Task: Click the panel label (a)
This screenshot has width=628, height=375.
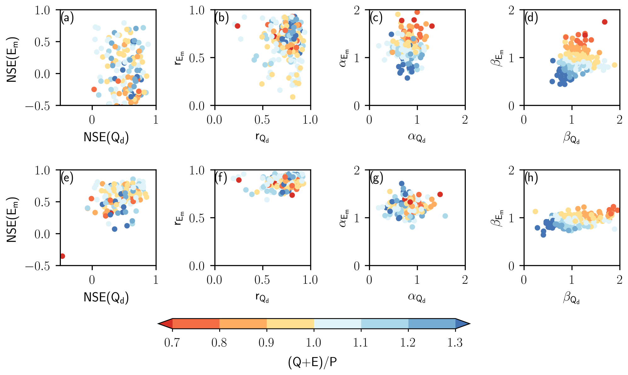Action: (67, 18)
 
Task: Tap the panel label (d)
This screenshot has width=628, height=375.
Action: (531, 18)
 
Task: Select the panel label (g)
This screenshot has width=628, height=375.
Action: (376, 178)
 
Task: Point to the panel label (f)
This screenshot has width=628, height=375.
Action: (221, 178)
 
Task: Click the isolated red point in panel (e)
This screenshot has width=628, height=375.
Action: (62, 256)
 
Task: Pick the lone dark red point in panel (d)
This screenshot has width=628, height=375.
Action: (604, 22)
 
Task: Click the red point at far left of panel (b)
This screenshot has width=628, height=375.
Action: (237, 26)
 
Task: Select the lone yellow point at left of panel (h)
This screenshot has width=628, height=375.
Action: (535, 211)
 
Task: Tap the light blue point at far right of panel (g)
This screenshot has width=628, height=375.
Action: (445, 216)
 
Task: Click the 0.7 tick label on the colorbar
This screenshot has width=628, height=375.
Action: (172, 342)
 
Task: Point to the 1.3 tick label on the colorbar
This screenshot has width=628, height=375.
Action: (455, 342)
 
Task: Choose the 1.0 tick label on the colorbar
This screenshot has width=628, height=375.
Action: (314, 342)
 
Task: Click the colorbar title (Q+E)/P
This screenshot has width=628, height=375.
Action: (312, 362)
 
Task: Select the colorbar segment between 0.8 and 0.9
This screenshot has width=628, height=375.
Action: (243, 323)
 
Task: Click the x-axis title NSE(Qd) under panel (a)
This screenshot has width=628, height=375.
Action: (106, 137)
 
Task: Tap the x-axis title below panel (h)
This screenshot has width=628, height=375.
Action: (571, 298)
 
